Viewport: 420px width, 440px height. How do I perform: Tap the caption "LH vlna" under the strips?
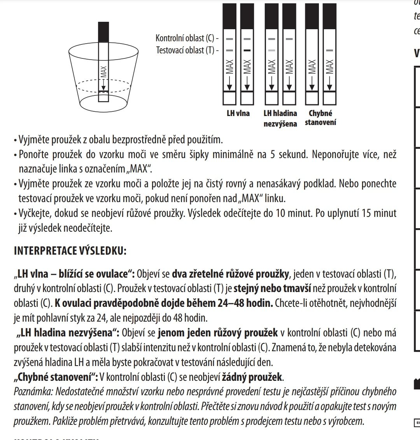pyautogui.click(x=238, y=114)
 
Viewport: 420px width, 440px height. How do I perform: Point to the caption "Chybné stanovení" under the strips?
pyautogui.click(x=320, y=118)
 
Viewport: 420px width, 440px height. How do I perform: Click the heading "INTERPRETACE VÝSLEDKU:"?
pyautogui.click(x=70, y=251)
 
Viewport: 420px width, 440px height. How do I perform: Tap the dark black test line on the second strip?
pyautogui.click(x=247, y=51)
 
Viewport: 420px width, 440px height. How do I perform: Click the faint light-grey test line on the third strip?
pyautogui.click(x=271, y=51)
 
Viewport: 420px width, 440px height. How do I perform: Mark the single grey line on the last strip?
pyautogui.click(x=329, y=51)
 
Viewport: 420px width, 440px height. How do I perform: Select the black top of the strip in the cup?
pyautogui.click(x=103, y=30)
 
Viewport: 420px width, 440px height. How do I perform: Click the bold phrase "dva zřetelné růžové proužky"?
pyautogui.click(x=230, y=274)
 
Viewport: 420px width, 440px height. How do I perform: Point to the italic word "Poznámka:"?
pyautogui.click(x=32, y=391)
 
